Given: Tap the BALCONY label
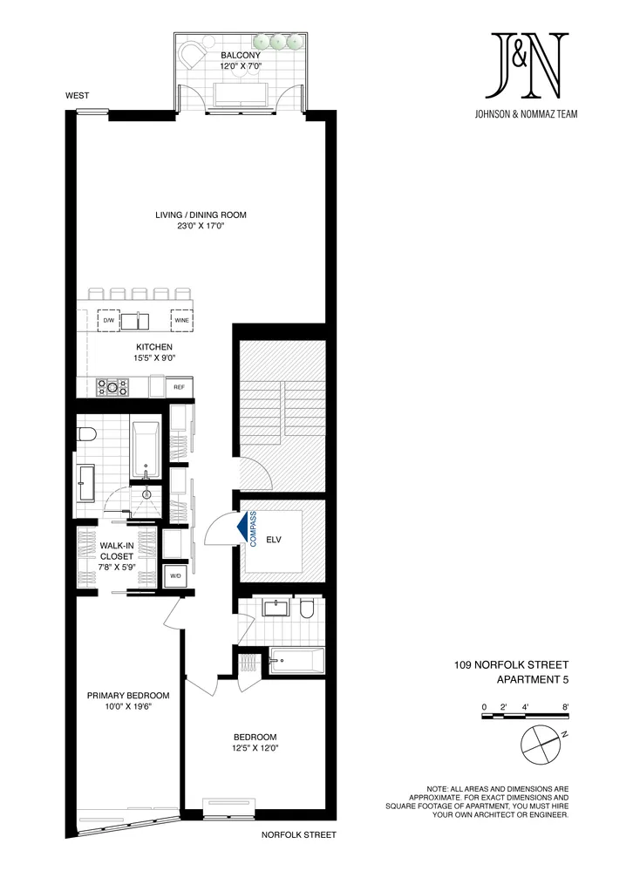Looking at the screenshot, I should tap(241, 55).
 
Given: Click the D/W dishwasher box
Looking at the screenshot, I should tap(109, 320).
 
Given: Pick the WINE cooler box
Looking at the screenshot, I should tap(181, 320).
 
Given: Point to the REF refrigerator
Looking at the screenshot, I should tap(179, 386).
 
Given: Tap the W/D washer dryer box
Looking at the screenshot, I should tap(174, 575).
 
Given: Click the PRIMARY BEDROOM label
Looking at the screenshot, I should tap(127, 695).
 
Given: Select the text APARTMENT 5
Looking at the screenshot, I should tap(532, 679).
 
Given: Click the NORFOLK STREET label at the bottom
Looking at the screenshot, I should tap(298, 834).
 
